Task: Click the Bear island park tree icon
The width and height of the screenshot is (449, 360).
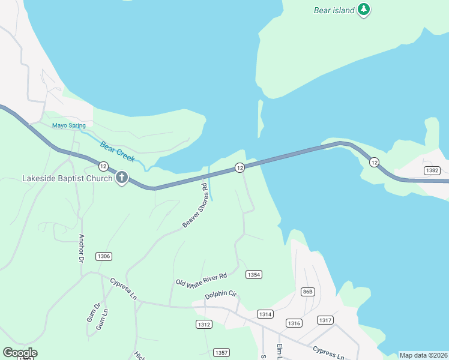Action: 363,9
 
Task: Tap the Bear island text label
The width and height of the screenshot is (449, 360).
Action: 334,10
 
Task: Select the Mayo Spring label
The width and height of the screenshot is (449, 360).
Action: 68,125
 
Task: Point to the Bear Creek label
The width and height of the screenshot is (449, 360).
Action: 118,151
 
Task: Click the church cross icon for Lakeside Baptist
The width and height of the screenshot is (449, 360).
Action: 122,178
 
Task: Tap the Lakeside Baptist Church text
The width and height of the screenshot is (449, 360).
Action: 67,178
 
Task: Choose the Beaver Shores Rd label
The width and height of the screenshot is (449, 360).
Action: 199,206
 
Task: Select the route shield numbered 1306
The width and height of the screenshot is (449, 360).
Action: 103,256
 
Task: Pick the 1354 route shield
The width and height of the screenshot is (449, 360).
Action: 254,274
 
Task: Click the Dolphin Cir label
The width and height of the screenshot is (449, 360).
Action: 221,295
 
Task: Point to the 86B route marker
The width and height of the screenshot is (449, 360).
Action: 307,292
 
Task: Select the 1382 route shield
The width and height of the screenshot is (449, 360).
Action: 432,170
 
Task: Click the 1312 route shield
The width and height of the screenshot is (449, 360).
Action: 203,324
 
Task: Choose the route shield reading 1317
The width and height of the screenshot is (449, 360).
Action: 325,320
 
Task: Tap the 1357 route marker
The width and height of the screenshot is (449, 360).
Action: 221,352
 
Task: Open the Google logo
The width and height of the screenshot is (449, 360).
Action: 20,352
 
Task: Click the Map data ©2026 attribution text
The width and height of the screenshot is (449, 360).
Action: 423,355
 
